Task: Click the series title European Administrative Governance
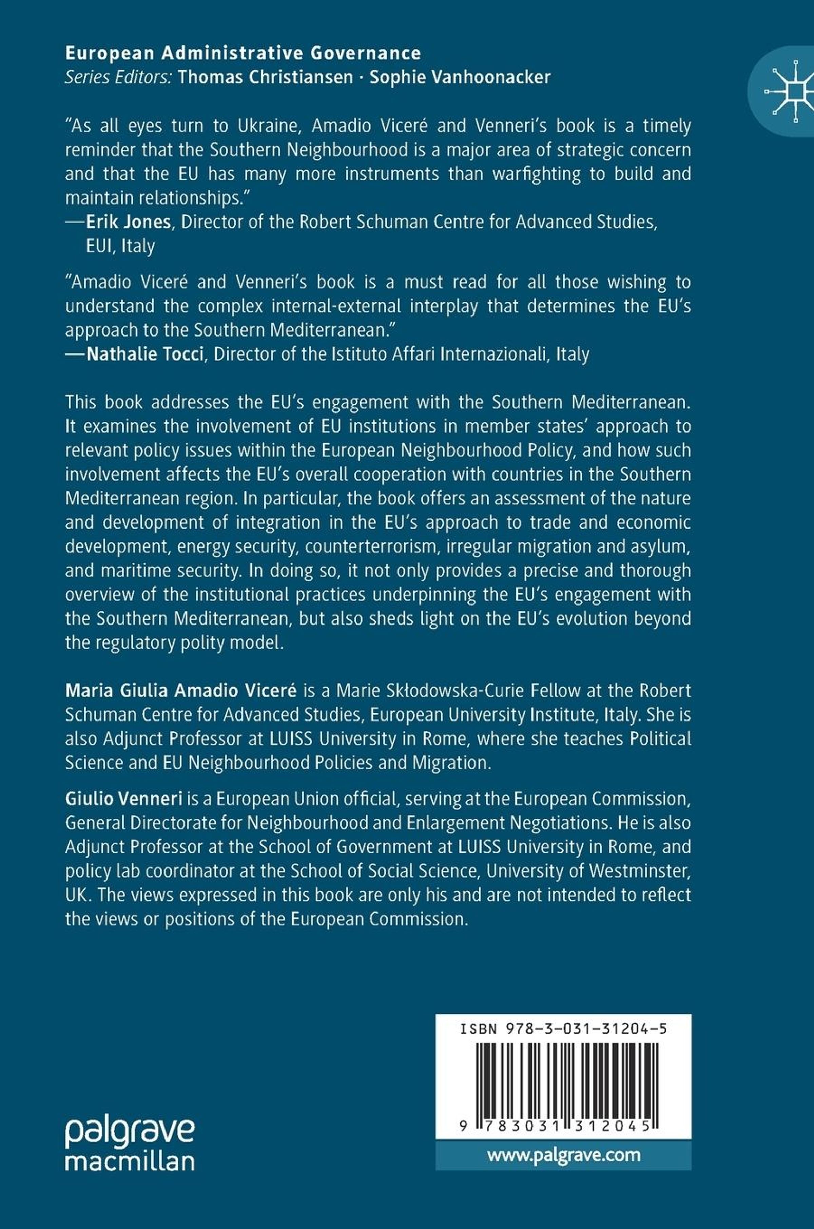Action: [x=243, y=53]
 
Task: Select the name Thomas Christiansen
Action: [x=265, y=77]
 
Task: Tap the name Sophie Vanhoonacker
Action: [x=460, y=77]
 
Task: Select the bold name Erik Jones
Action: [x=128, y=222]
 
